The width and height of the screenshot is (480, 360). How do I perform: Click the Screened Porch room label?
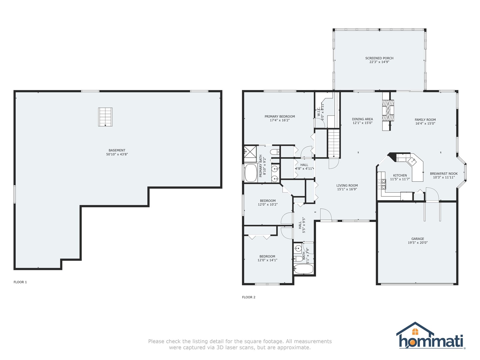click(379, 58)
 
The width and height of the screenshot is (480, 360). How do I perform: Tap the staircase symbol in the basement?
click(105, 117)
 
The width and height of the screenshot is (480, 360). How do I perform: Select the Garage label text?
click(418, 239)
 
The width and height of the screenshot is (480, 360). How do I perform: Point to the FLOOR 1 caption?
click(20, 282)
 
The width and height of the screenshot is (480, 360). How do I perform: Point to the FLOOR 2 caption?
click(249, 297)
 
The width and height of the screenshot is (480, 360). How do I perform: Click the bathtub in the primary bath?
click(251, 173)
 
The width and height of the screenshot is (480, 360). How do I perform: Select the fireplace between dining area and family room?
click(388, 111)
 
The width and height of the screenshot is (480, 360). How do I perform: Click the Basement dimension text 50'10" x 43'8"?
click(117, 154)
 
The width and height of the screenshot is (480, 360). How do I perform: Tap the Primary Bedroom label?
click(280, 117)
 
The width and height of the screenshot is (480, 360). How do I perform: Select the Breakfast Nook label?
click(444, 174)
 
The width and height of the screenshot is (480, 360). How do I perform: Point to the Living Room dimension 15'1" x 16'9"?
click(347, 189)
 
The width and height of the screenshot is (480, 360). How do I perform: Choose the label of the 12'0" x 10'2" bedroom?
click(267, 201)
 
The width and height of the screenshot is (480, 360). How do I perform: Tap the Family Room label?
click(425, 120)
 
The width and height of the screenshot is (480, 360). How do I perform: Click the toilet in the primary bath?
click(275, 152)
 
